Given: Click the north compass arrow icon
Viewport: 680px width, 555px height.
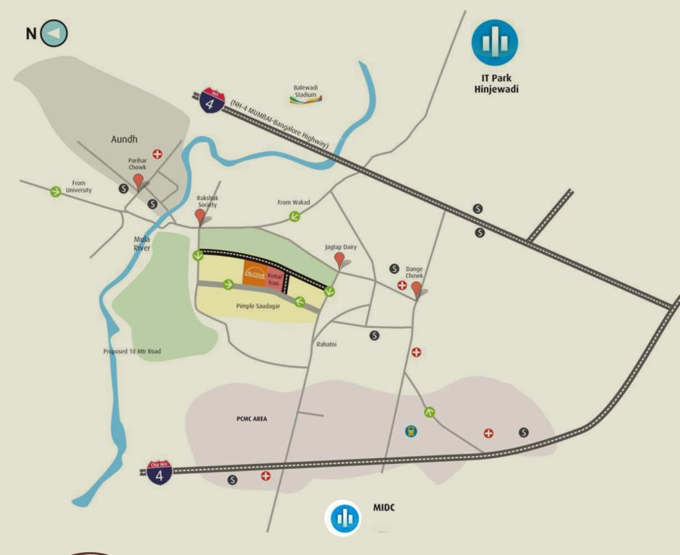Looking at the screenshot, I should coord(54,33).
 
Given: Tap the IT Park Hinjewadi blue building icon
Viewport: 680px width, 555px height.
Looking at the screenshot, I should coord(495,43).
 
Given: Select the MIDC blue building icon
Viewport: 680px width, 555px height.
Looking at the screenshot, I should coord(346,518).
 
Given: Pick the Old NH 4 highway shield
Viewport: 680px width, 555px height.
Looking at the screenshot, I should coord(159,472).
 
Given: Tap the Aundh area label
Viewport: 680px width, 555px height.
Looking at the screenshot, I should coord(124,139).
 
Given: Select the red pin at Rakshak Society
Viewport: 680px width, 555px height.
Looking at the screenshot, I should coord(201,217).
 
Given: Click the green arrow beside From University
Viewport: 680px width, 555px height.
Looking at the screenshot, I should coord(55,192).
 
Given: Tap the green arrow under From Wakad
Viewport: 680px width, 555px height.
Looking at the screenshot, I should coord(294,216).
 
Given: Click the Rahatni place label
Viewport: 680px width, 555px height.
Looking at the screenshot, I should coord(328,344).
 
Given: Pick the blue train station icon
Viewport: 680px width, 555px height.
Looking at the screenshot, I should coord(411,431).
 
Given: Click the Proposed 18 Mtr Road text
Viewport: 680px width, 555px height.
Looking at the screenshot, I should coord(132,352).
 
